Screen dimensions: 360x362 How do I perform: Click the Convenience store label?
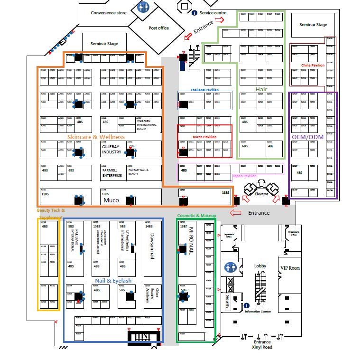109,13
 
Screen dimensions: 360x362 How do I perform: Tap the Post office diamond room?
158,28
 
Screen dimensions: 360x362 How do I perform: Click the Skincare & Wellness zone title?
96,137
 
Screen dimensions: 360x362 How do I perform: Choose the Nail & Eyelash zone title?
113,281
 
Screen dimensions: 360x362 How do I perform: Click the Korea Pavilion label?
204,137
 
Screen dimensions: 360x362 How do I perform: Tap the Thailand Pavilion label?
204,89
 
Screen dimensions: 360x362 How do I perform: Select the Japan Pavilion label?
244,176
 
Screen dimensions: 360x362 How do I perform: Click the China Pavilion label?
313,66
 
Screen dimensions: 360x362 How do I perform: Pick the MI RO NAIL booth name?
192,242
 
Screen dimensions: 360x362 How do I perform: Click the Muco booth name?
111,200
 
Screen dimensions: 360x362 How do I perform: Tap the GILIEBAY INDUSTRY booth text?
112,150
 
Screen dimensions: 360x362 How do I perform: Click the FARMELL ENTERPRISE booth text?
112,172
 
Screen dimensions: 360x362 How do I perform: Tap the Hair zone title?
261,89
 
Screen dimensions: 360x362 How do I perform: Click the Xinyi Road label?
262,348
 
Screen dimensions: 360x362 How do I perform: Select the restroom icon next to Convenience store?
142,7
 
